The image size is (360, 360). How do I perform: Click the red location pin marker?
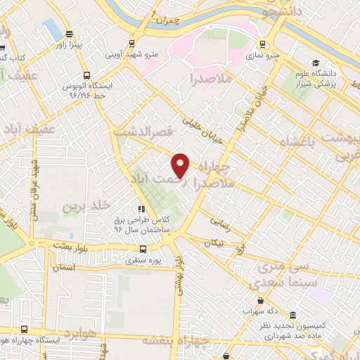[181, 165]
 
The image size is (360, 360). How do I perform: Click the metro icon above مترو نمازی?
[262, 44]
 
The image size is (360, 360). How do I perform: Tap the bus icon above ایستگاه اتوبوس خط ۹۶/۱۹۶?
[86, 75]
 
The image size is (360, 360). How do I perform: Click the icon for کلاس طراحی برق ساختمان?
[141, 209]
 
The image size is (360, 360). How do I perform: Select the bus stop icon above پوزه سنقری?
[143, 248]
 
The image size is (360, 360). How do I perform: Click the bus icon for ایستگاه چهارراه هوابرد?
[25, 329]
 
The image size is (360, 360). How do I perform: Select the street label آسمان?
[63, 268]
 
